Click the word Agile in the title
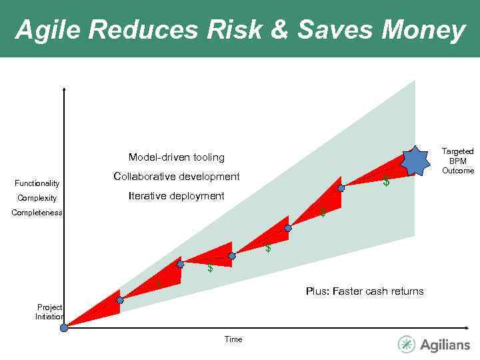click(x=48, y=30)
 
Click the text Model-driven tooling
click(x=177, y=158)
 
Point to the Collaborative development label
click(x=177, y=177)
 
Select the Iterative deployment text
click(x=177, y=196)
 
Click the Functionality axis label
click(x=37, y=183)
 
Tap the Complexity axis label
click(x=37, y=198)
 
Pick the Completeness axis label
click(x=37, y=213)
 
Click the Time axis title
click(x=233, y=339)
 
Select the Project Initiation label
click(x=49, y=312)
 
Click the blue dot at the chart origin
click(x=64, y=327)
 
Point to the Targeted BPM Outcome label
click(x=458, y=161)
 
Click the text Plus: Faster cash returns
click(x=365, y=291)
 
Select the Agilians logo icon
click(x=406, y=344)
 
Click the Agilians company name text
click(x=445, y=345)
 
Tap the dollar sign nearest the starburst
click(x=385, y=181)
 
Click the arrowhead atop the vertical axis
click(x=63, y=89)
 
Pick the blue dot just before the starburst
click(x=341, y=188)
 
